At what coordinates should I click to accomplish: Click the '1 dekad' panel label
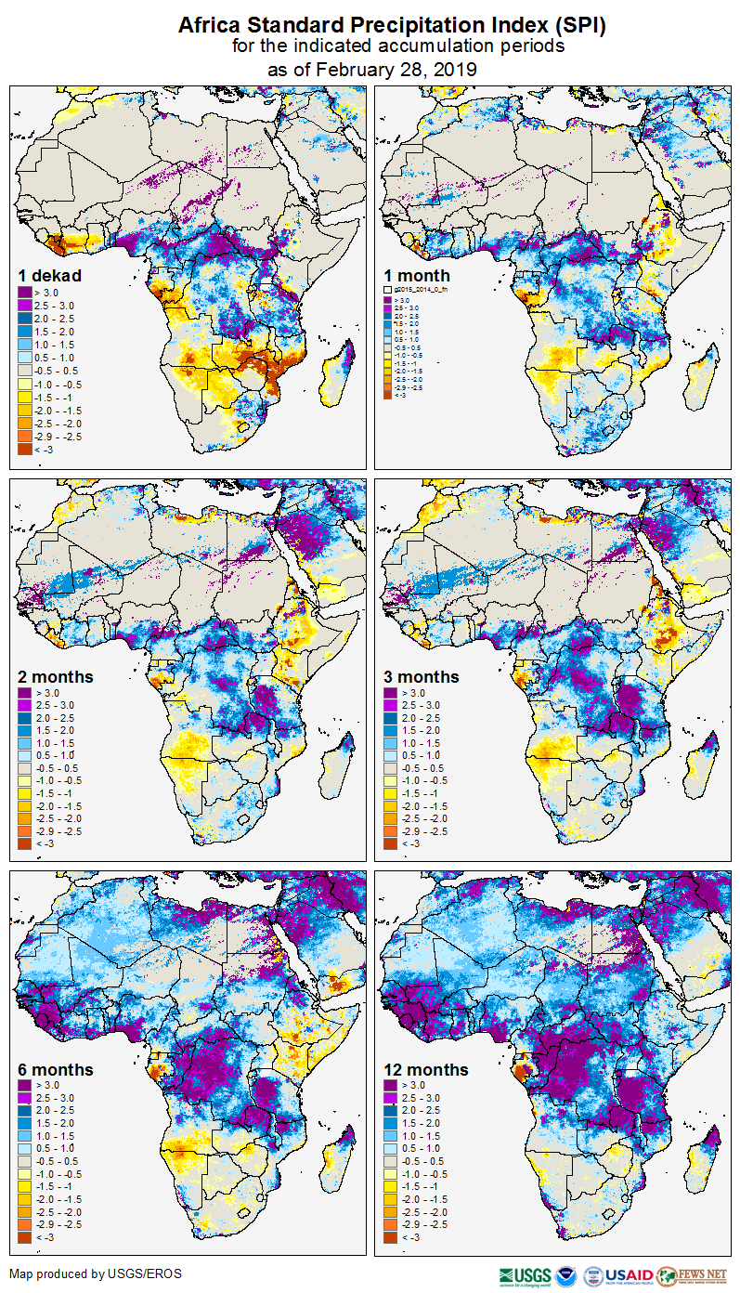coord(50,275)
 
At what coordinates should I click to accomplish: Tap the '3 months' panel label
coord(422,676)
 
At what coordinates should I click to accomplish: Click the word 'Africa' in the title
coord(209,25)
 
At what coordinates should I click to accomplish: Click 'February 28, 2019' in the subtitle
coord(396,70)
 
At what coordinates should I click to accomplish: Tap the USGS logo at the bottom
coord(525,1275)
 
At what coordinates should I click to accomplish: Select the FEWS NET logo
coord(691,1275)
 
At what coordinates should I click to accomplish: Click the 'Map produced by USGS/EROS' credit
coord(96,1273)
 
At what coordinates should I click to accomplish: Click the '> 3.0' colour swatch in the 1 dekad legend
coord(25,293)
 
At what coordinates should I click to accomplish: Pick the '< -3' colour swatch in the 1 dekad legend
coord(25,449)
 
